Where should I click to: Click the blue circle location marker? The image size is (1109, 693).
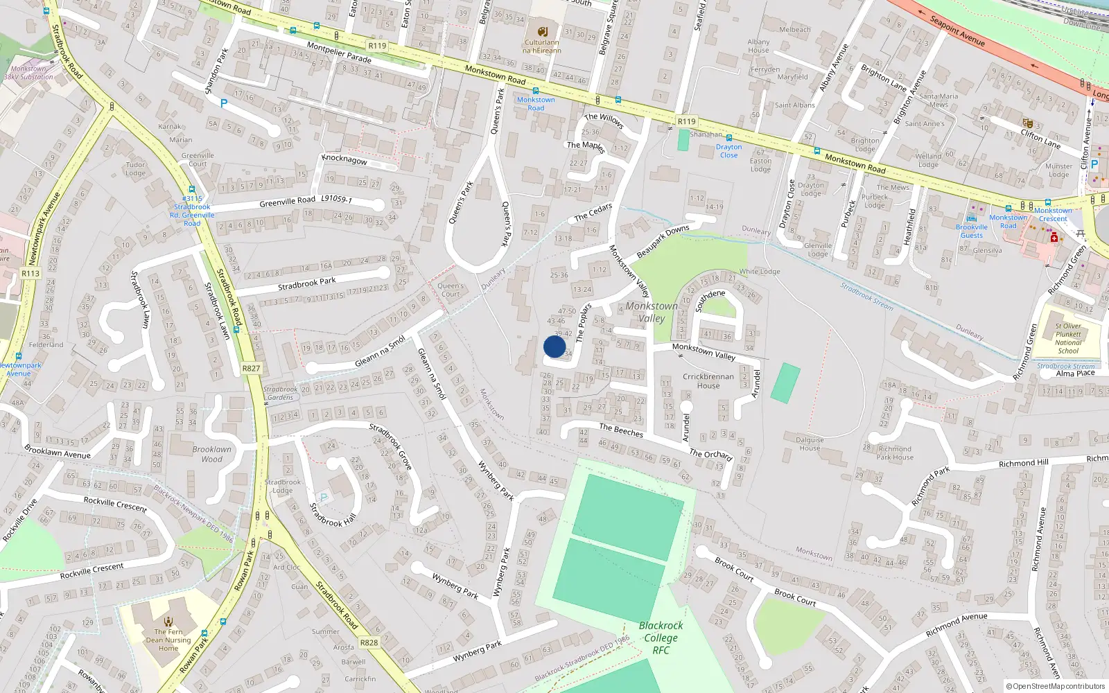pos(554,346)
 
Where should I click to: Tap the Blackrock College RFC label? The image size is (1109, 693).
pos(661,638)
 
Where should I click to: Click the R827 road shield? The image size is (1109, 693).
pos(251,368)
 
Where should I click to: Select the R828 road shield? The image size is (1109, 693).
pos(369,642)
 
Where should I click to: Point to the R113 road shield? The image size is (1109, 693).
pos(30,273)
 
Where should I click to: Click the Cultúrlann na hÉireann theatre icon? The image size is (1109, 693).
pos(542,31)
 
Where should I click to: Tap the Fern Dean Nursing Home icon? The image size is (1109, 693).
pos(168,621)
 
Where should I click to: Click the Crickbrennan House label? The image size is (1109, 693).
pos(708,381)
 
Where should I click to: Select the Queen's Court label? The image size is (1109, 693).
pos(451,290)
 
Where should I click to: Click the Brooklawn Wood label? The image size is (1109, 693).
pos(212,454)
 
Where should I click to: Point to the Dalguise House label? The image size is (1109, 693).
pos(810,444)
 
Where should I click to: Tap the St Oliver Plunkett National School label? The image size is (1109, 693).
pos(1068,338)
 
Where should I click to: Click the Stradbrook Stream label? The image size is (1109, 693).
pos(866,296)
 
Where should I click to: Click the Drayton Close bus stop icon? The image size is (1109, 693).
pos(729,138)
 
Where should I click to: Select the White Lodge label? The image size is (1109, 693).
pos(760,272)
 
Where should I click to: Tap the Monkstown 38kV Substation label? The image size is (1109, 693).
pos(28,73)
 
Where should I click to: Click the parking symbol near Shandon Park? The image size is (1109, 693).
pos(223,103)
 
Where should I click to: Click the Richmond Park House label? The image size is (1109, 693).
pos(895,453)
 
